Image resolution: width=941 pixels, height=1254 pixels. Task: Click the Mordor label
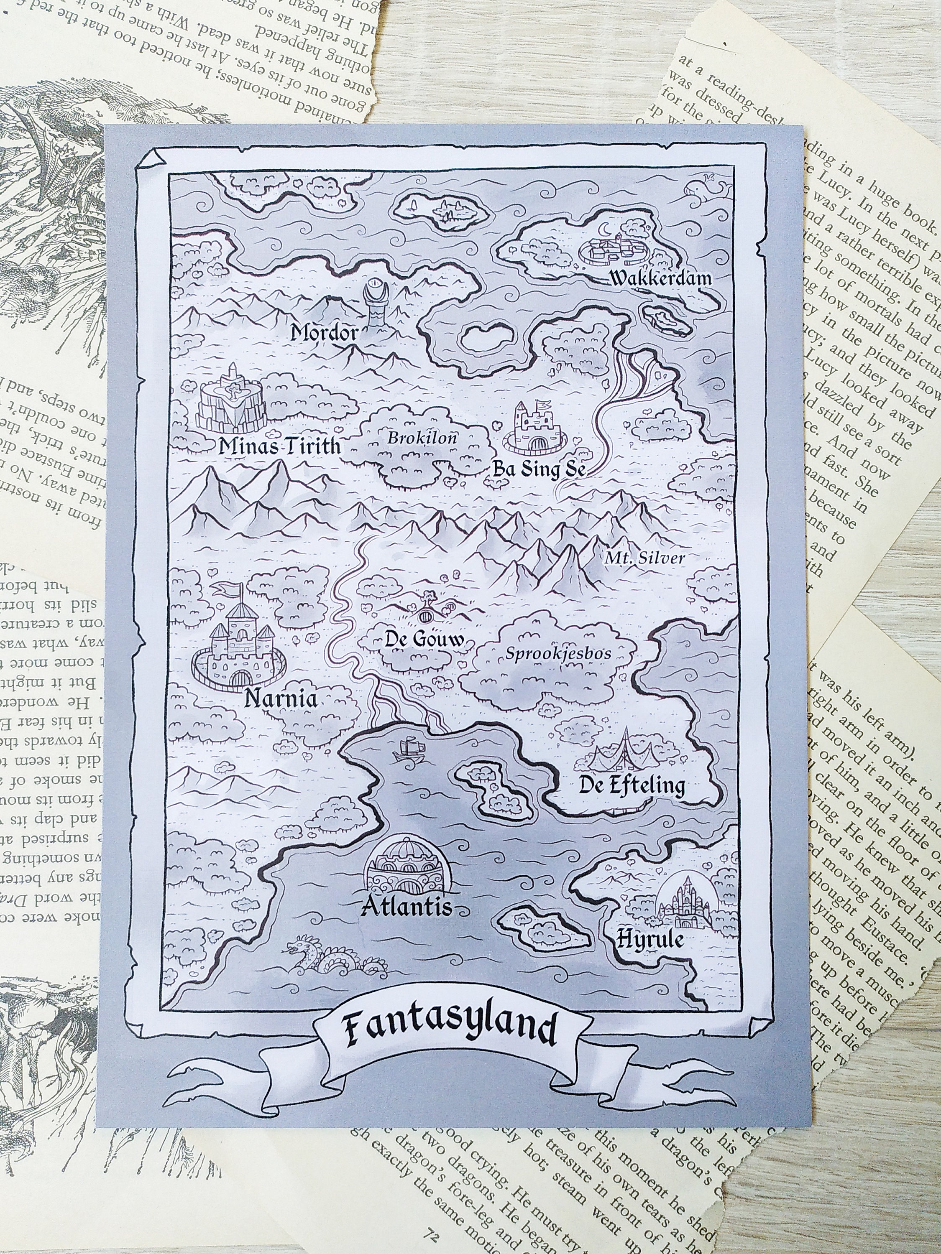click(325, 333)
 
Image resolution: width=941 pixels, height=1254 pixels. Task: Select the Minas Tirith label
click(280, 447)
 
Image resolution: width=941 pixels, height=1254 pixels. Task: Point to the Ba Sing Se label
click(538, 469)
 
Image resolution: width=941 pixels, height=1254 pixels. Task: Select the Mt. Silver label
click(645, 558)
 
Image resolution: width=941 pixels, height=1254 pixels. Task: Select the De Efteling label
click(631, 786)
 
